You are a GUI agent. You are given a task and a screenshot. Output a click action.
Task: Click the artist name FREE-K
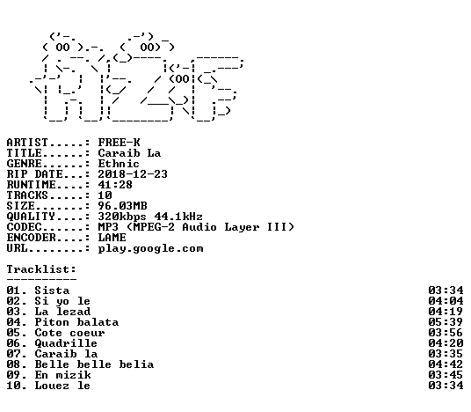[x=119, y=143]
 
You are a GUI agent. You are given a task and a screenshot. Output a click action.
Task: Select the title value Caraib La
[x=129, y=153]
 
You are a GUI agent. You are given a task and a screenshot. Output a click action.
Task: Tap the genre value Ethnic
[x=119, y=164]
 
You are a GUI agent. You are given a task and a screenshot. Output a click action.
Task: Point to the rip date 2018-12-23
[x=133, y=174]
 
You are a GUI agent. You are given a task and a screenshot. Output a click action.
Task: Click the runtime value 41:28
[x=115, y=185]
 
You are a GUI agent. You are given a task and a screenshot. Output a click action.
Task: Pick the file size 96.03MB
[x=122, y=206]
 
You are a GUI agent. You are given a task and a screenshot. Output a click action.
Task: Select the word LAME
[x=112, y=238]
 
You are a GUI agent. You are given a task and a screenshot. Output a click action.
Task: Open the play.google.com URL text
[x=151, y=249]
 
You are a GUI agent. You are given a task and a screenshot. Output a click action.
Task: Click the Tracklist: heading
[x=41, y=269]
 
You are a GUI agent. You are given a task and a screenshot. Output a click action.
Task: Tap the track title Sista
[x=52, y=291]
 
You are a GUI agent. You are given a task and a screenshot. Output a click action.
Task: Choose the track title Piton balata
[x=76, y=322]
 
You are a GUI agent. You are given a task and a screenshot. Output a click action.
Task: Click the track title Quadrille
[x=66, y=343]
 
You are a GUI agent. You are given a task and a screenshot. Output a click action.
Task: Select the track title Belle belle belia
[x=94, y=364]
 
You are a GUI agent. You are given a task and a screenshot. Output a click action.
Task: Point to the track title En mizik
[x=62, y=375]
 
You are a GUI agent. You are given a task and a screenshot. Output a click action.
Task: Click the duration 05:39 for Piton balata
[x=446, y=322]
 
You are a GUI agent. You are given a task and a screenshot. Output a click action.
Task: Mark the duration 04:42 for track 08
[x=446, y=364]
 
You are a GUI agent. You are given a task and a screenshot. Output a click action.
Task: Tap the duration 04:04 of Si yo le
[x=446, y=301]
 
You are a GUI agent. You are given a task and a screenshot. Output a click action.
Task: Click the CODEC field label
[x=24, y=227]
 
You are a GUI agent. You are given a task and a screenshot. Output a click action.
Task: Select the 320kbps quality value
[x=122, y=217]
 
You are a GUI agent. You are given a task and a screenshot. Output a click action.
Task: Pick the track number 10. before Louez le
[x=17, y=386]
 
